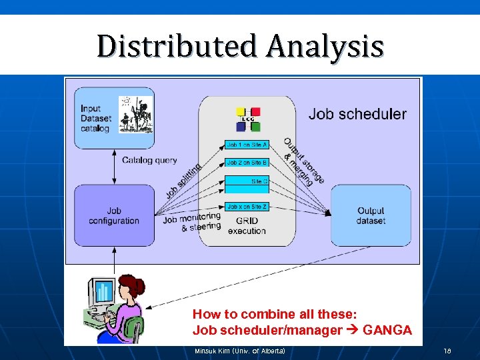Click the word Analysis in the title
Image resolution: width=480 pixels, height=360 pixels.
tap(325, 47)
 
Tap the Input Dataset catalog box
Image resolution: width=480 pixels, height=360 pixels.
tap(114, 118)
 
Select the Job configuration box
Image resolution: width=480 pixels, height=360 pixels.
tap(114, 215)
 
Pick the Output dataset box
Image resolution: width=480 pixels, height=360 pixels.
tap(371, 215)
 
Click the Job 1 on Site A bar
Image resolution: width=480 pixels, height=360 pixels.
tap(247, 145)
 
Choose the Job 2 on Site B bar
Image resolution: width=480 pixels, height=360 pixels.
tap(247, 163)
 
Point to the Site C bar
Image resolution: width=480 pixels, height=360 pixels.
tap(247, 181)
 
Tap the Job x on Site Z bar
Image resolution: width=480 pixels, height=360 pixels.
tap(247, 207)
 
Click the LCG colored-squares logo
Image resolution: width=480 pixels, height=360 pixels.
tap(248, 119)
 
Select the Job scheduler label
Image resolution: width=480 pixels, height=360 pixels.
tap(357, 114)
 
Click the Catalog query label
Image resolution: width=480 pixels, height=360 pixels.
tap(149, 160)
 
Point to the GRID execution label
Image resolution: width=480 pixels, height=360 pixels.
tap(246, 226)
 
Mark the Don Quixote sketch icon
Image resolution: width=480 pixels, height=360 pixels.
tap(135, 114)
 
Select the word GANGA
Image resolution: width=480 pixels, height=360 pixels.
tap(387, 330)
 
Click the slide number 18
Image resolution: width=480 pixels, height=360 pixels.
tap(447, 351)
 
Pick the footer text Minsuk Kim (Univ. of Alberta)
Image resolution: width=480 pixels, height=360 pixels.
tap(239, 351)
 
